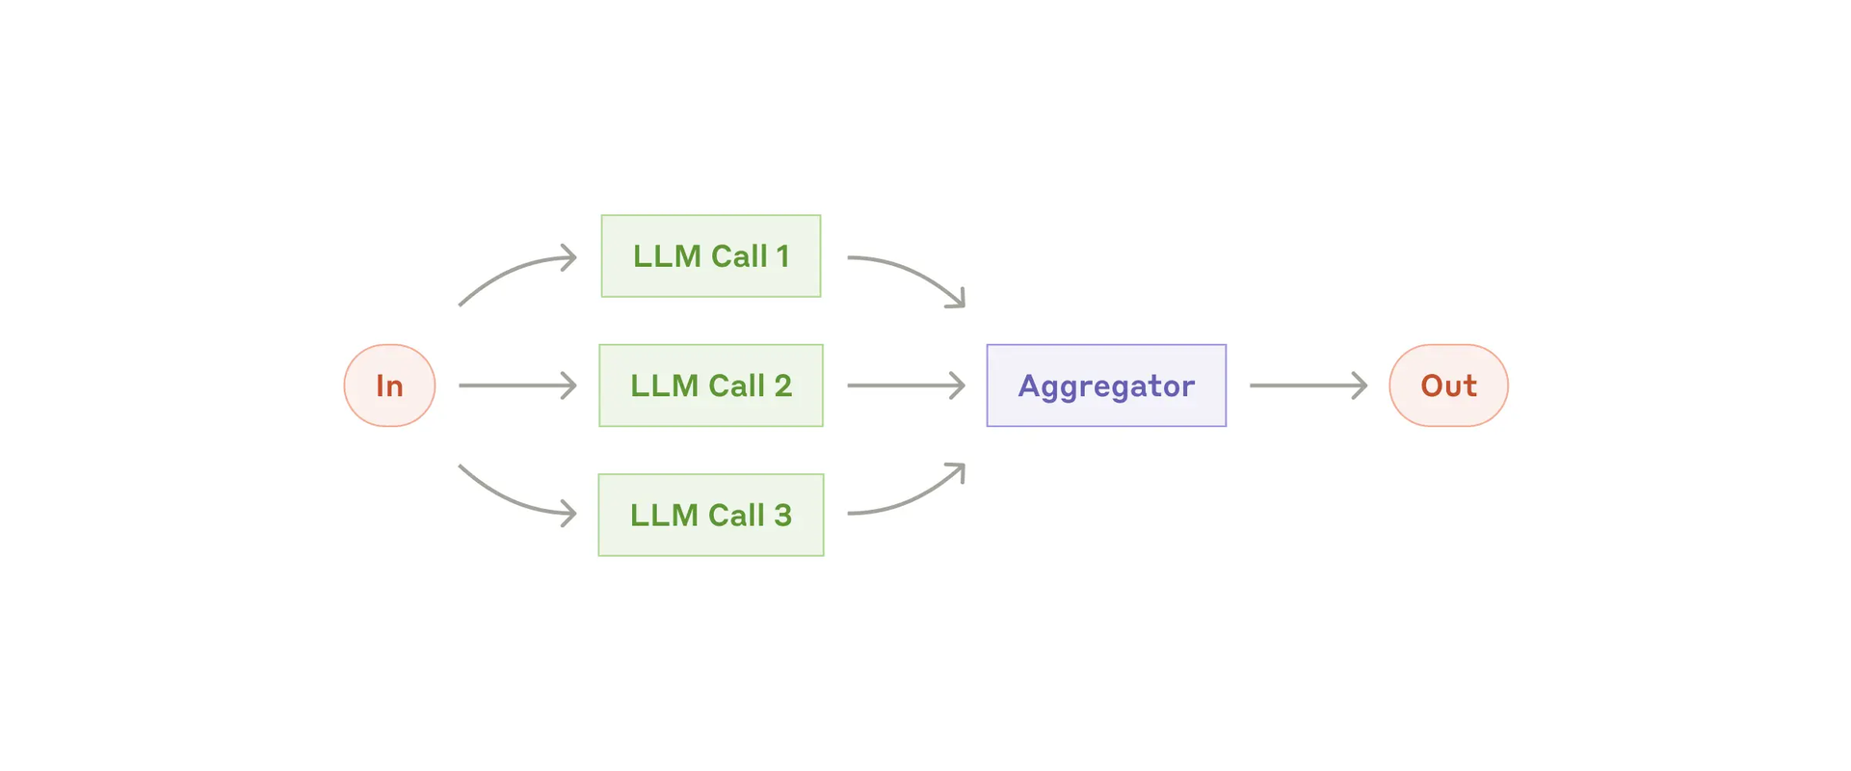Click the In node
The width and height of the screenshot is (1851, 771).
tap(389, 385)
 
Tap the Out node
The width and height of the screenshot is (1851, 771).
tap(1448, 385)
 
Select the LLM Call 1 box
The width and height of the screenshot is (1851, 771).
tap(711, 256)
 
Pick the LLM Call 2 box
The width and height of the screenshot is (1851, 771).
tap(711, 385)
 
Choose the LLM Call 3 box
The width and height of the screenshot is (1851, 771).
tap(711, 515)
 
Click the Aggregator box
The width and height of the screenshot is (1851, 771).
tap(1106, 385)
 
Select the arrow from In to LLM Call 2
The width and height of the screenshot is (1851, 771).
tap(517, 385)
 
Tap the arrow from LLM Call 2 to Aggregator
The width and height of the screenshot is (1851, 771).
tap(906, 385)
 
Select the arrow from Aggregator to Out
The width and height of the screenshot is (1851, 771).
tap(1309, 385)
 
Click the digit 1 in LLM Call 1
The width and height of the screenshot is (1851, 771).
tap(782, 256)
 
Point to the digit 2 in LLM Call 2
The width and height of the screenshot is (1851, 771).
tap(782, 385)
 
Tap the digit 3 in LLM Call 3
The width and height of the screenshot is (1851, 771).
tap(782, 515)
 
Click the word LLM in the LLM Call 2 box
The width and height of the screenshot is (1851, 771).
tap(664, 385)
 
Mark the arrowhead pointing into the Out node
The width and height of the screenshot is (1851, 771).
tap(1360, 385)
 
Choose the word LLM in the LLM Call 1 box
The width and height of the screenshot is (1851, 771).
tap(667, 256)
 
